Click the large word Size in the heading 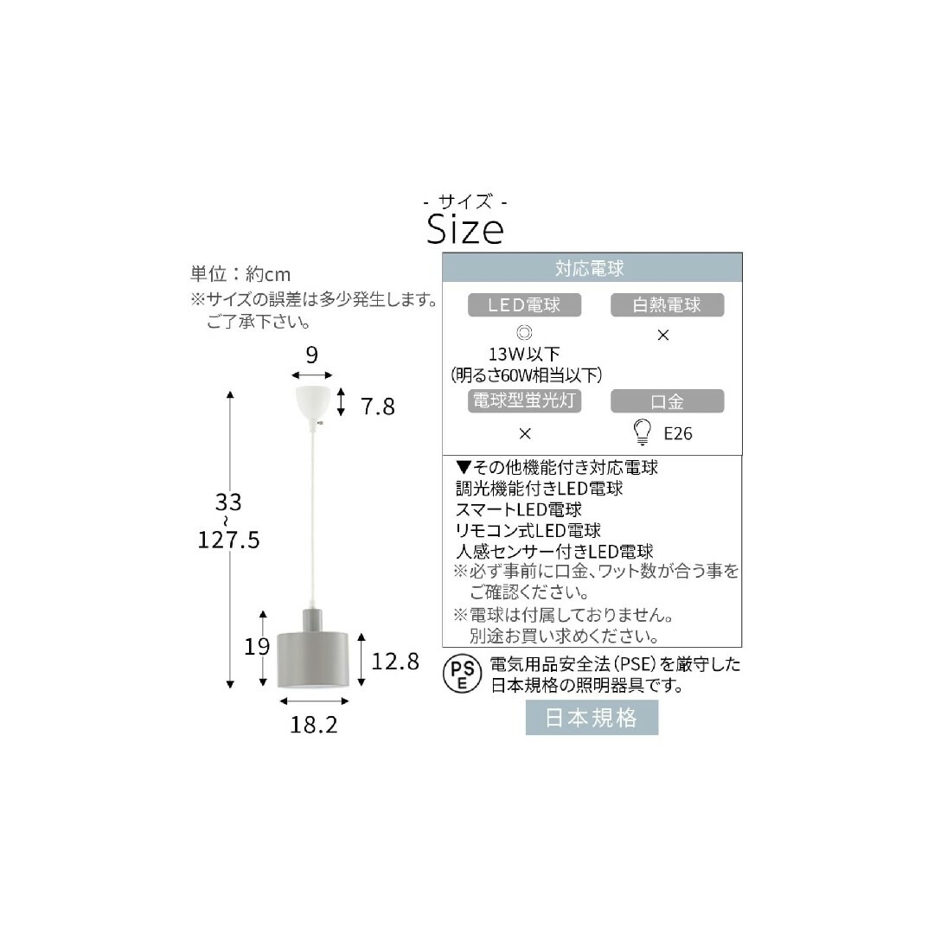pos(465,228)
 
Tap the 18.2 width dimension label pos(314,725)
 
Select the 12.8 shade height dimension pos(395,662)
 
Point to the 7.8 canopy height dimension pos(378,406)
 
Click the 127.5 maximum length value pos(228,540)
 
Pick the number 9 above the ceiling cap pos(311,355)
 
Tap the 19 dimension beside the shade pos(257,646)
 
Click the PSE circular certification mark pos(462,675)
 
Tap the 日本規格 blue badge pos(592,717)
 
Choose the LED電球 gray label pos(524,305)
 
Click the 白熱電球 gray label pos(667,305)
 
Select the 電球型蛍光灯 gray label pos(524,401)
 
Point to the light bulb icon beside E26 pos(642,432)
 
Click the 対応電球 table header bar pos(592,267)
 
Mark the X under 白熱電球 pos(663,336)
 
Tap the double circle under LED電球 pos(524,332)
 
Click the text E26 pos(678,433)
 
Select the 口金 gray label pos(667,401)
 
